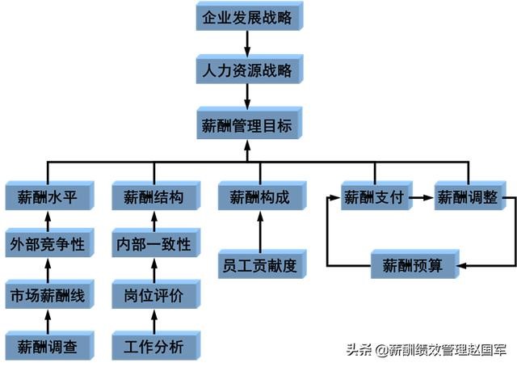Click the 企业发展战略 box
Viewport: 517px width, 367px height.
246,17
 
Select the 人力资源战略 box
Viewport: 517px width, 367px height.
246,70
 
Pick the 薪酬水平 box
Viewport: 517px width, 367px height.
46,196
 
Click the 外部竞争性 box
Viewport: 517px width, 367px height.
46,244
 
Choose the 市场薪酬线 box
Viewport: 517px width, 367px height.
46,295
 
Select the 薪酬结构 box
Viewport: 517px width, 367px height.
153,196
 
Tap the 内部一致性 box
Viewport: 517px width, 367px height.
153,244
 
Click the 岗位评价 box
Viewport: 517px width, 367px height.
153,295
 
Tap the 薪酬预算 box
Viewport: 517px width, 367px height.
414,264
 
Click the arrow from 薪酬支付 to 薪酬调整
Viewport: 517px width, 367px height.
420,196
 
